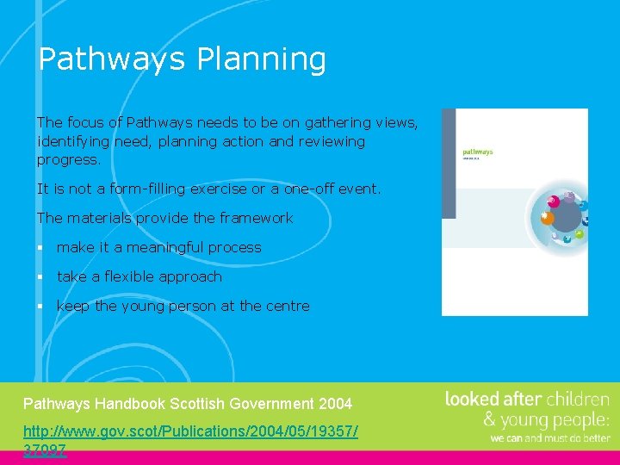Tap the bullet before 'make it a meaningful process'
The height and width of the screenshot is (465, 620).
coord(40,248)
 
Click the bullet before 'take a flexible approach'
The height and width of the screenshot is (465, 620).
coord(40,277)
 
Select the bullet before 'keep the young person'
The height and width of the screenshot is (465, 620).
coord(40,307)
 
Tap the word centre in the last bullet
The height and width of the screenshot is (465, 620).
coord(288,306)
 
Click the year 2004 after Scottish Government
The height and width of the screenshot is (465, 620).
coord(335,404)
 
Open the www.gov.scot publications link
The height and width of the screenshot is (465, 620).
coord(189,430)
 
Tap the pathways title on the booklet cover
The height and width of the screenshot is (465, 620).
coord(477,152)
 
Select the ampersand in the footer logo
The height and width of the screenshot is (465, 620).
coord(488,420)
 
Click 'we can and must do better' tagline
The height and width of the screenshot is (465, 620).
coord(549,437)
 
